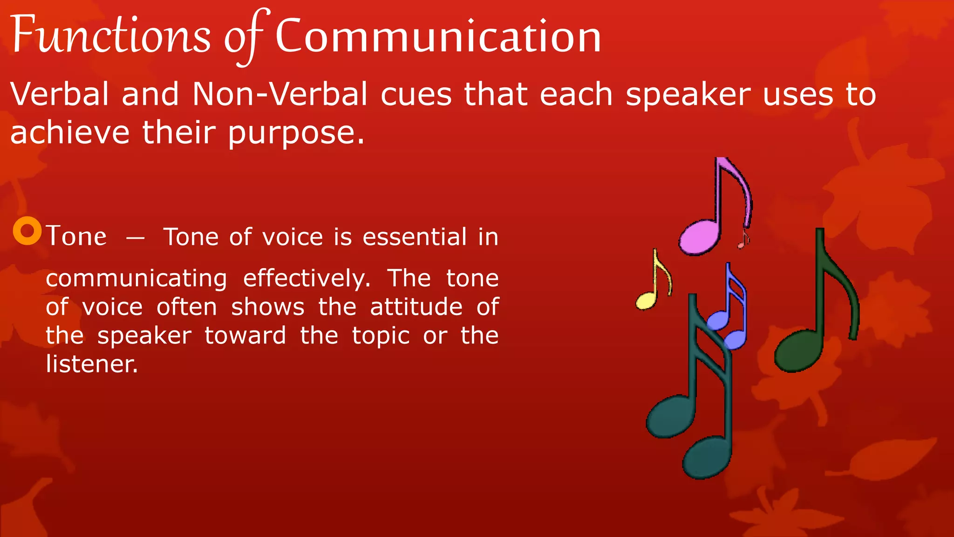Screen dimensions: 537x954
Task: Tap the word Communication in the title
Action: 438,36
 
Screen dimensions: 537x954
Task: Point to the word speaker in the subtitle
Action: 688,95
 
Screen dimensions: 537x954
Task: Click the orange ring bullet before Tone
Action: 27,231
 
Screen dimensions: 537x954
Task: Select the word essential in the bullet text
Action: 415,237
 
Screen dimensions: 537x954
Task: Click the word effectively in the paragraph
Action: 307,279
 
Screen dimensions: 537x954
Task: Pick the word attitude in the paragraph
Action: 416,307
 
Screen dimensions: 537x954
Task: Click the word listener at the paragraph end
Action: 92,364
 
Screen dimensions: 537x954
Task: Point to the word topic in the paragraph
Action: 381,336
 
